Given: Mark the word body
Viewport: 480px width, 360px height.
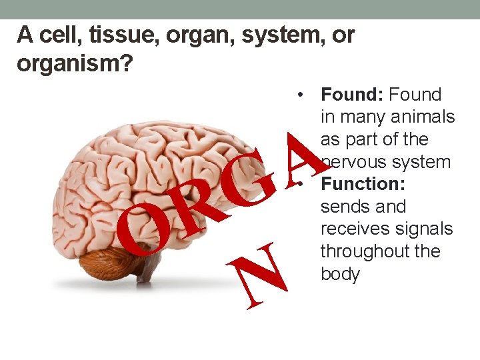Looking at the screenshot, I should tap(340, 274).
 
